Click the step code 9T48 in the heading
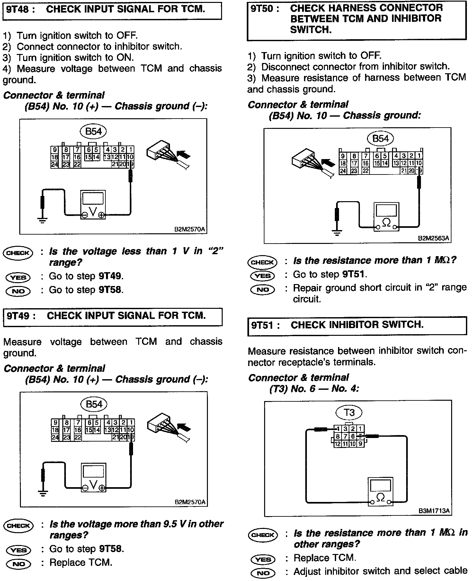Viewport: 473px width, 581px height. (x=20, y=9)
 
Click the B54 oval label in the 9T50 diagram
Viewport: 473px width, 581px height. (x=380, y=139)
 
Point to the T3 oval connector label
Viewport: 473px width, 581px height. (x=349, y=412)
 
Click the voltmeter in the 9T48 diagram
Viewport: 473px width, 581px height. (x=93, y=204)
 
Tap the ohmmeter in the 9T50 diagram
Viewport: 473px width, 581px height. (x=386, y=217)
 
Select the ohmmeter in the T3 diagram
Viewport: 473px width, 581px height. (x=380, y=492)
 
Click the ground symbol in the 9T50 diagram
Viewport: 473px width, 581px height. (x=336, y=232)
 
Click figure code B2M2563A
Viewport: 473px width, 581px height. (x=433, y=238)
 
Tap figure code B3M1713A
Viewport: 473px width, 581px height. (x=434, y=511)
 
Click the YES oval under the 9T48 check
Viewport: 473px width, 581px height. (x=18, y=277)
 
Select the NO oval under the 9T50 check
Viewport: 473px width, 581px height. (x=262, y=290)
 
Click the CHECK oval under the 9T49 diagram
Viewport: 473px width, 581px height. (x=18, y=526)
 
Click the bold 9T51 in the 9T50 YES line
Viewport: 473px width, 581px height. (x=353, y=274)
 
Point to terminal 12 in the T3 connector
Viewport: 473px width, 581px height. (x=337, y=444)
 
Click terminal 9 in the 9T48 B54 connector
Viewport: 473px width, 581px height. (x=55, y=150)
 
